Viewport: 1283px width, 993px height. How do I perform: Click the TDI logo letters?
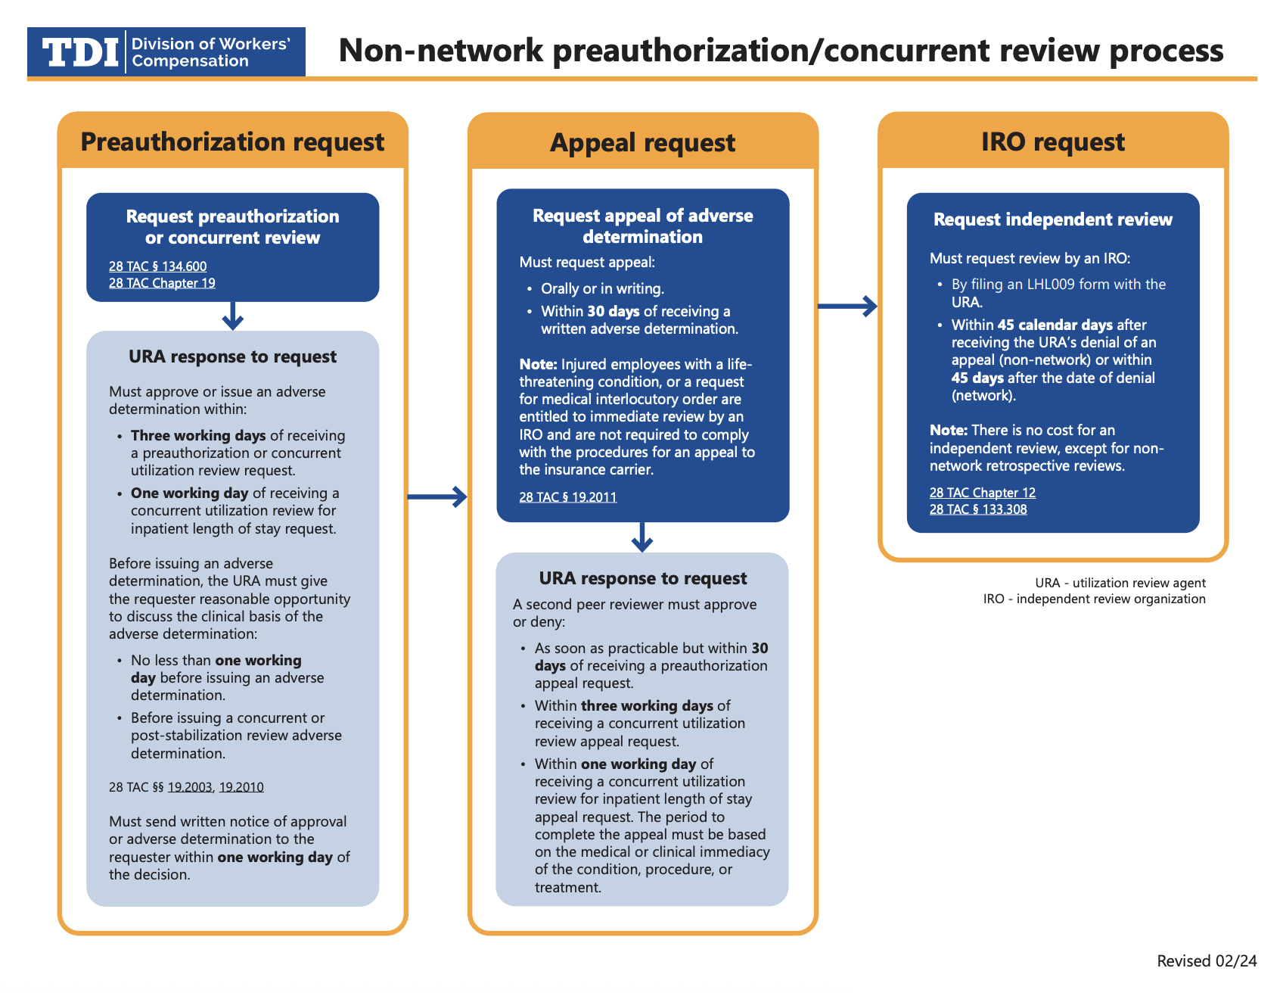pos(80,52)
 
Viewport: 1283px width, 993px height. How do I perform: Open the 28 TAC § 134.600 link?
pos(157,266)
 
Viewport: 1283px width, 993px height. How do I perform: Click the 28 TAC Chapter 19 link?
pos(162,283)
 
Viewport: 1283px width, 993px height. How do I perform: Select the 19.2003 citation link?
pos(190,787)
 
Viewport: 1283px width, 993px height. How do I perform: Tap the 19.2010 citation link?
pos(241,787)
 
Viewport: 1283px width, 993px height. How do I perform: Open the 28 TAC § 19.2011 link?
pos(567,497)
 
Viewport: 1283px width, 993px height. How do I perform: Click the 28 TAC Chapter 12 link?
pos(982,493)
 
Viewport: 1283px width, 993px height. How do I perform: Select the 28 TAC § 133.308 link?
pos(978,509)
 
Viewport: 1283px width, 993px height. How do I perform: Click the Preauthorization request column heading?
pos(232,142)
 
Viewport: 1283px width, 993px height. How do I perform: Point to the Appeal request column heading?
pos(642,143)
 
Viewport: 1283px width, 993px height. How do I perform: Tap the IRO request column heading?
pos(1052,142)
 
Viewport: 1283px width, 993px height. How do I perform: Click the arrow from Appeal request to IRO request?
pos(847,307)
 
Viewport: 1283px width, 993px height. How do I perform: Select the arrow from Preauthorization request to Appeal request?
pos(437,496)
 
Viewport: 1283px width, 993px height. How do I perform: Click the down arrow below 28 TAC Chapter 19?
pos(233,316)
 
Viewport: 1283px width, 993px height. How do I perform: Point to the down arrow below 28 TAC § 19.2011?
pos(642,537)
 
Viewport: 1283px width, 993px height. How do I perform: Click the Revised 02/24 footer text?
pos(1207,961)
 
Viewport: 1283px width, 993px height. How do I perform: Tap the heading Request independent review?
pos(1052,219)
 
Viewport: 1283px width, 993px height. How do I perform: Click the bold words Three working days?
pos(198,436)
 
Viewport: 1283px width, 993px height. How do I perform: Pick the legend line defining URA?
pos(1120,583)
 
